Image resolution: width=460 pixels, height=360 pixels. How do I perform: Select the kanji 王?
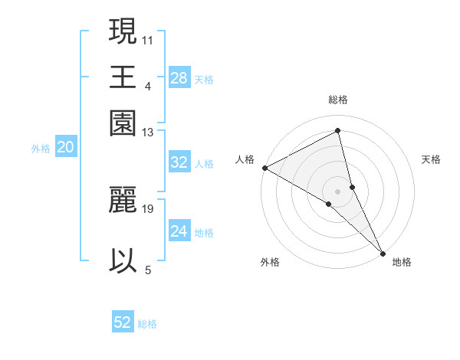(123, 77)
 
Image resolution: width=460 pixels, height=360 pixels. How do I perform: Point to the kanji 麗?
(123, 200)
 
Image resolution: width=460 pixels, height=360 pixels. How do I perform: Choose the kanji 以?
(123, 260)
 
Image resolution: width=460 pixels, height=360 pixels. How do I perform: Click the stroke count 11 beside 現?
(148, 38)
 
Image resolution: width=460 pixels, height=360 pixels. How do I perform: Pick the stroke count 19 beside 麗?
(148, 208)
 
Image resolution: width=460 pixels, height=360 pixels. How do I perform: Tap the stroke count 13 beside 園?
(148, 133)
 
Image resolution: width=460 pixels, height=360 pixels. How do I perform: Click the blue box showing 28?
(179, 78)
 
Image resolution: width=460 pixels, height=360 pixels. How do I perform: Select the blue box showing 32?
(179, 162)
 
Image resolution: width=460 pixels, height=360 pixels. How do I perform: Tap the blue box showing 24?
(179, 231)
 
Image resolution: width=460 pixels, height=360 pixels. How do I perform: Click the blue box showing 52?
(123, 322)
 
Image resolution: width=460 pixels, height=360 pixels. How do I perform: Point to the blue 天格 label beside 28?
(204, 79)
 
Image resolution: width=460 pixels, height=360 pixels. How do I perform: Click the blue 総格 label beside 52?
(147, 324)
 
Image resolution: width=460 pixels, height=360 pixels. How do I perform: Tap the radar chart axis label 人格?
(245, 159)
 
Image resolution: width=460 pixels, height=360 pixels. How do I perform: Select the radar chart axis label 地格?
(402, 262)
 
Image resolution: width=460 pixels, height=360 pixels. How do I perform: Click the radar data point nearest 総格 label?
(338, 131)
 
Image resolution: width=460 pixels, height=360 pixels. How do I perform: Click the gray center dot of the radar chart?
(337, 191)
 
